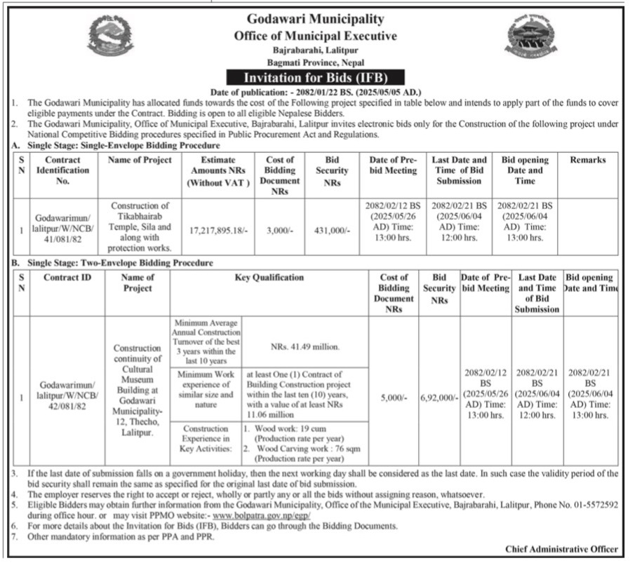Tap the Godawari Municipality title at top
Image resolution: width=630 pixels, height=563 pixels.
pos(316,19)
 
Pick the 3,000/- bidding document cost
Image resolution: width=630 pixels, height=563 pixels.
pos(279,229)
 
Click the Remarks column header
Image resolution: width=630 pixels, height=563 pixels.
pos(587,160)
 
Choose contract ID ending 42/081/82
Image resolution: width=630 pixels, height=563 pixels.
pos(68,397)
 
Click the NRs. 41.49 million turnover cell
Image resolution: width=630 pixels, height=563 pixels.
pos(304,346)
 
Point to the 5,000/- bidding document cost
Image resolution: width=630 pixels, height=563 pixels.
pos(393,397)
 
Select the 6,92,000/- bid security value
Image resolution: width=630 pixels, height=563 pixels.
pos(439,397)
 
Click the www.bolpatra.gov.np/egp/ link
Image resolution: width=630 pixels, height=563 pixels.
pos(266,515)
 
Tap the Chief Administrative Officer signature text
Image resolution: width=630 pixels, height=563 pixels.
pos(561,549)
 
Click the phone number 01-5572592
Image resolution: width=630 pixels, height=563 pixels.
pos(594,504)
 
